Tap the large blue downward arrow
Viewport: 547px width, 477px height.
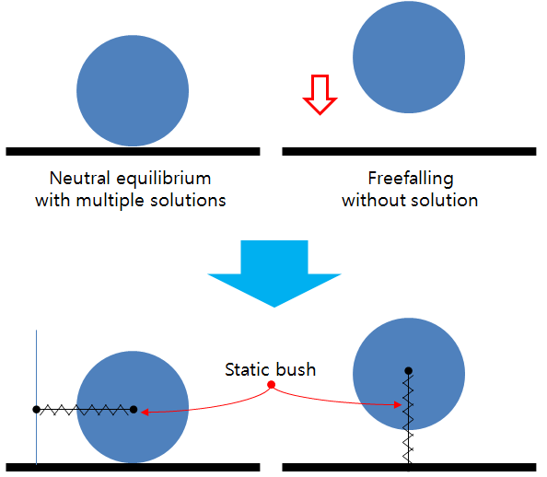274,273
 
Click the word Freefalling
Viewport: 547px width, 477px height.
410,178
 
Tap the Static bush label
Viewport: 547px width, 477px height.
270,369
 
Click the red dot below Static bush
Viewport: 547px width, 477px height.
271,384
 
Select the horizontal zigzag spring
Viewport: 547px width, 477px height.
85,409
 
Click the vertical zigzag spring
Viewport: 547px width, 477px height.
407,414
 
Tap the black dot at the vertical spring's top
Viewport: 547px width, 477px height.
407,370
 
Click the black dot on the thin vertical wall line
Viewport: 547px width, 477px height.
36,409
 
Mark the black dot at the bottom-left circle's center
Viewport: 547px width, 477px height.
134,409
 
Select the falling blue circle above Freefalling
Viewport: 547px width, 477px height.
408,57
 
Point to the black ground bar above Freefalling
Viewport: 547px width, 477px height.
408,149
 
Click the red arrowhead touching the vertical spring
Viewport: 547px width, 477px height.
399,404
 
